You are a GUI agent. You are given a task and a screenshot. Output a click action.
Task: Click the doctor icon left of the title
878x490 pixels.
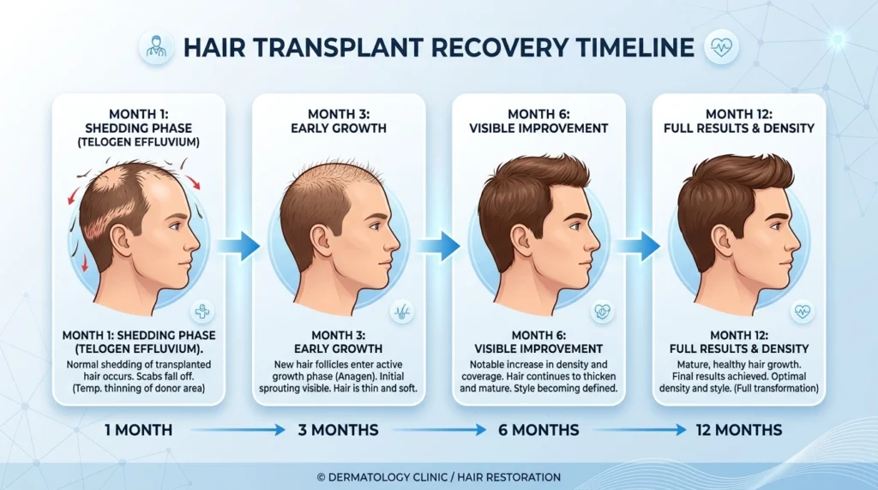click(154, 46)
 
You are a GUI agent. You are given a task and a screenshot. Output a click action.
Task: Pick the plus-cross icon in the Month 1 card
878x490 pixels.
click(203, 311)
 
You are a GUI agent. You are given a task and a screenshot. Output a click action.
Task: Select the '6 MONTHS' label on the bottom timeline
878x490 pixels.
click(538, 429)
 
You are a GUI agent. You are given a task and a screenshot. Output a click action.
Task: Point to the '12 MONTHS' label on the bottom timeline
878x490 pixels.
click(739, 429)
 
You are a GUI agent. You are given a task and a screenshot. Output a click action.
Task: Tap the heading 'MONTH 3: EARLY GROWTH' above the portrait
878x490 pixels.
click(340, 122)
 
